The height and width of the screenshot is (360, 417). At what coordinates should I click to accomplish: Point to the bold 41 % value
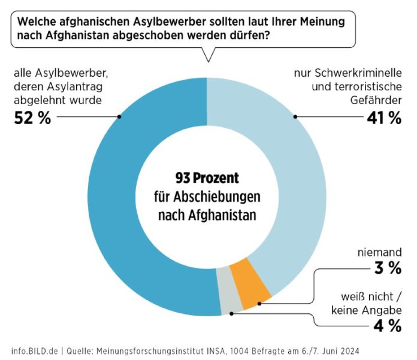coord(383,117)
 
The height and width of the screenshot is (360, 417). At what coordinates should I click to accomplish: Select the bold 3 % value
coord(388,268)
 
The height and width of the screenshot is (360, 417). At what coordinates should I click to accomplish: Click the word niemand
coord(377,252)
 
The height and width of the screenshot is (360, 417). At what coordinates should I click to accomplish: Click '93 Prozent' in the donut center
coord(207,178)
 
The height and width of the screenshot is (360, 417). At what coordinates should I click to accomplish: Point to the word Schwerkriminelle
coord(362,74)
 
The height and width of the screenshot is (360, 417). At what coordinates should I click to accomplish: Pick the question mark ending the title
coord(266,36)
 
